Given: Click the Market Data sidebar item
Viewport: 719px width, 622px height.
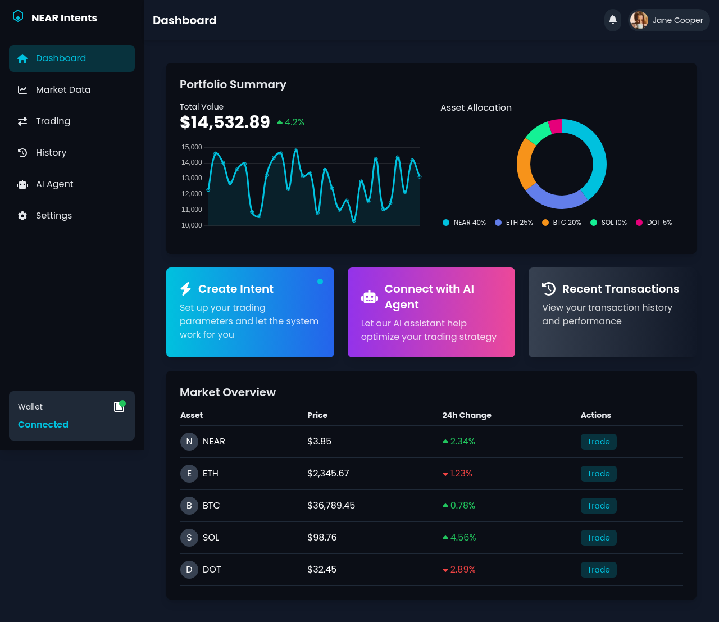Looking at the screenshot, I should [x=63, y=90].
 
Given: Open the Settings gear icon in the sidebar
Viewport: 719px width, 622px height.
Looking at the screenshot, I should [x=22, y=216].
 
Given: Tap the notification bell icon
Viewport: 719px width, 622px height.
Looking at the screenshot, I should [x=613, y=20].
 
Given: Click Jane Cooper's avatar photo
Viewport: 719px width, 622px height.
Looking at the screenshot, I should [x=639, y=20].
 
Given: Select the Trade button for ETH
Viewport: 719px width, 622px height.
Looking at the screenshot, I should [x=598, y=474].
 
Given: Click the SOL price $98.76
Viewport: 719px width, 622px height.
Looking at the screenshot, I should [x=322, y=538].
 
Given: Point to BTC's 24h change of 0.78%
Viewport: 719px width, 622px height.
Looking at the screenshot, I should [x=462, y=506].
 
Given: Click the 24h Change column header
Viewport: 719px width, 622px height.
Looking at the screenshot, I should [x=466, y=415].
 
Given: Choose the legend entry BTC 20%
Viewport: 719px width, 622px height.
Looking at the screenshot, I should [x=562, y=223].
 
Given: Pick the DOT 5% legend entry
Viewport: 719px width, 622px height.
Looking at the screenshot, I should [x=654, y=223].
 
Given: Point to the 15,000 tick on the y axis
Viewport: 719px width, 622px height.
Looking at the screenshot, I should [x=192, y=147].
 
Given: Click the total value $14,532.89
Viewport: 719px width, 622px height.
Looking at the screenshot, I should [x=225, y=122].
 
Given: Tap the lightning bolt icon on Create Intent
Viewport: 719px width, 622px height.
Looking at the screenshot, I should [x=185, y=289].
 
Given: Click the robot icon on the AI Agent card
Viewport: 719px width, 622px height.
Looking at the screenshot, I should [x=370, y=297].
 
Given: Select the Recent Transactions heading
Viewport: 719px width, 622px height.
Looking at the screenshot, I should [x=620, y=289].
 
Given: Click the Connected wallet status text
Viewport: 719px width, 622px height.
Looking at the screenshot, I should [x=43, y=425].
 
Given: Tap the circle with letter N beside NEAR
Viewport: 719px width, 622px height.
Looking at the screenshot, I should [x=189, y=442].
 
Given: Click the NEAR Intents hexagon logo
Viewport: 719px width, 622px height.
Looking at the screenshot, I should [x=18, y=17].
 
